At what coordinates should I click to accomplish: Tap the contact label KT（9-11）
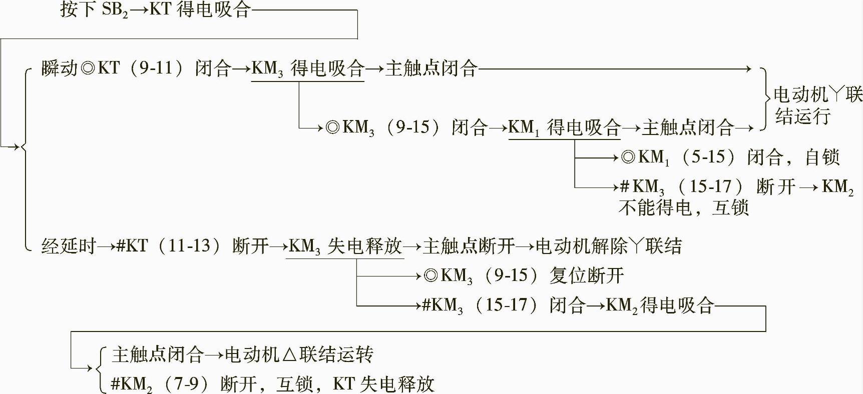(x=142, y=68)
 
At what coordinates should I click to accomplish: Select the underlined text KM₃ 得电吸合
(x=307, y=69)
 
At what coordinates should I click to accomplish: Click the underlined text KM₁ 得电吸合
(x=565, y=127)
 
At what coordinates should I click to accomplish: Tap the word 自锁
(x=822, y=157)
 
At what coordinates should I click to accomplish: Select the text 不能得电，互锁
(x=683, y=207)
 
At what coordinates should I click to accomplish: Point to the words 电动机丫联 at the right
(x=817, y=94)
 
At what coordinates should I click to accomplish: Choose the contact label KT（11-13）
(x=168, y=246)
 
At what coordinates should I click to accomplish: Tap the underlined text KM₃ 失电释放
(x=345, y=246)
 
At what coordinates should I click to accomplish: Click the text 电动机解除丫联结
(x=609, y=246)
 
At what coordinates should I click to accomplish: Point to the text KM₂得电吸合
(x=660, y=305)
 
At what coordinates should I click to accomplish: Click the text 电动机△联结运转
(x=299, y=354)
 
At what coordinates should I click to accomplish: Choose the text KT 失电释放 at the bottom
(x=383, y=384)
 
